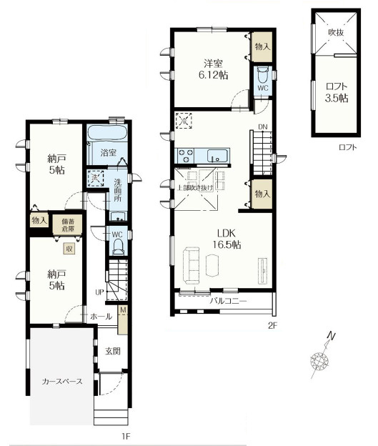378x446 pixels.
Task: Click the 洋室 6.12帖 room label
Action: pos(209,68)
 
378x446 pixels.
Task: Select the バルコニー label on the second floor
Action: pos(228,302)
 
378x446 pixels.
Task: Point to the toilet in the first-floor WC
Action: pos(119,245)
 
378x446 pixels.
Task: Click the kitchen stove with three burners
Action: pos(186,154)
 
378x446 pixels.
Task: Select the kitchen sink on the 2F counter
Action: pos(215,154)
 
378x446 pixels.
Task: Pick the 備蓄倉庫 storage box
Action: pos(70,223)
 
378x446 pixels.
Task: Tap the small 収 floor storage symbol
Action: pos(69,249)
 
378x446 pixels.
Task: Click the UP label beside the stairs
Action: pos(101,292)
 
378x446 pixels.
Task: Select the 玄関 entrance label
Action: pos(112,350)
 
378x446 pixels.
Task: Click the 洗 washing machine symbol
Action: pos(93,179)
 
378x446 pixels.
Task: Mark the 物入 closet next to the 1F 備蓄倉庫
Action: pos(39,222)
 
